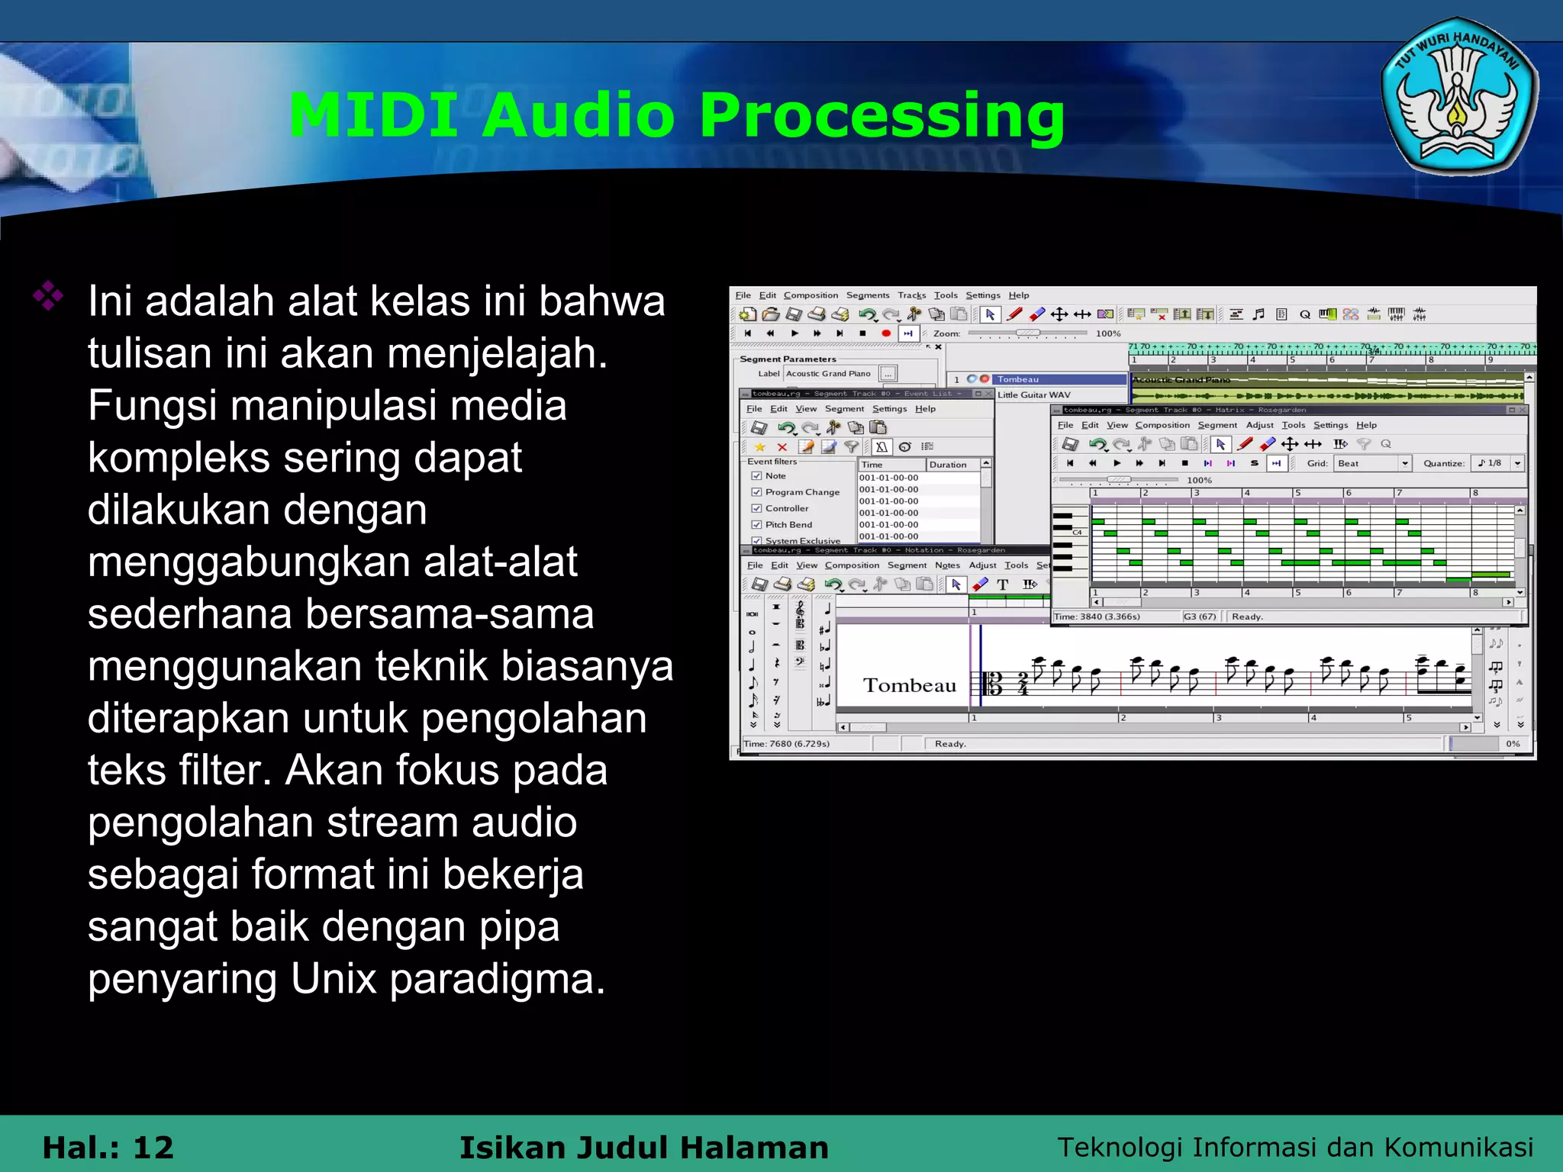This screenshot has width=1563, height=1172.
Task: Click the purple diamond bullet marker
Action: [48, 296]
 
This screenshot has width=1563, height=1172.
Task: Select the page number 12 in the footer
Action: [153, 1147]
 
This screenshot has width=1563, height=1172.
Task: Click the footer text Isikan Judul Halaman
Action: [643, 1147]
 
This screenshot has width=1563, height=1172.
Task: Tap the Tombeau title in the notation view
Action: [909, 685]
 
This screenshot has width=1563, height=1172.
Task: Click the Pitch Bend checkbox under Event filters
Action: [756, 524]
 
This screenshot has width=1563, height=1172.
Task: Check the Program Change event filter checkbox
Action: [756, 492]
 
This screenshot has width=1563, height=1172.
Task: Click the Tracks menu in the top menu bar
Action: [911, 295]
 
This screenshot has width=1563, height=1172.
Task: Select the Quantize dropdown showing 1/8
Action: [1499, 463]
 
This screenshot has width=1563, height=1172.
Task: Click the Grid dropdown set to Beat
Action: [1372, 463]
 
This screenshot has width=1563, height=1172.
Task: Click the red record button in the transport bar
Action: [885, 333]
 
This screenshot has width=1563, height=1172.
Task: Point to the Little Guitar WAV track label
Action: [1033, 394]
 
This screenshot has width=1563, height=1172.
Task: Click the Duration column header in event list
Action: [948, 465]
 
